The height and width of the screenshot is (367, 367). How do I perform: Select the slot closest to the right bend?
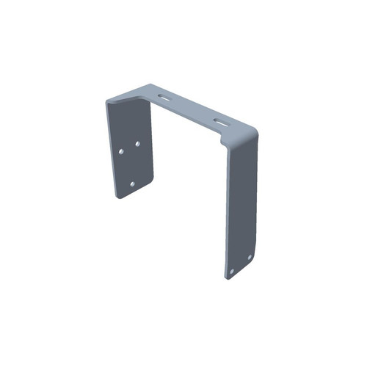(222, 120)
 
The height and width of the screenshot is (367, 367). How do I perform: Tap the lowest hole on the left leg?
(132, 183)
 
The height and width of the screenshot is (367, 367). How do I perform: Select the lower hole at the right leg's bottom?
(232, 271)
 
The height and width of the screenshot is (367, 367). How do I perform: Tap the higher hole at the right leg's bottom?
(250, 257)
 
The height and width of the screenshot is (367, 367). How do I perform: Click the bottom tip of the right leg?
(228, 279)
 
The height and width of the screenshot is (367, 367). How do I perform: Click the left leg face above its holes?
(128, 121)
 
